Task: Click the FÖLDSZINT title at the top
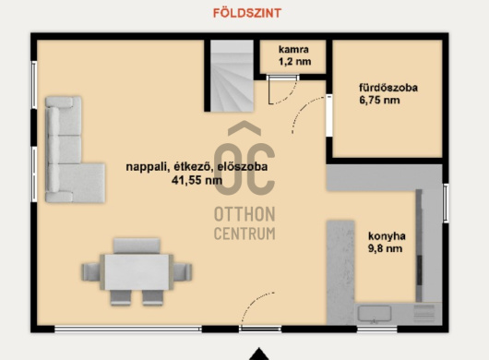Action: (247, 13)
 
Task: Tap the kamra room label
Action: (293, 49)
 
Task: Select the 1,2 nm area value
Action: (294, 61)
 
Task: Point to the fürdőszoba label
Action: (388, 88)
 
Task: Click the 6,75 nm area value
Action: (379, 100)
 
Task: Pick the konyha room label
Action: (387, 235)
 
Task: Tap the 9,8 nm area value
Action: (385, 248)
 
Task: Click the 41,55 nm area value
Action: (197, 180)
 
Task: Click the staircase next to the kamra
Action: (232, 76)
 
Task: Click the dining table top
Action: (137, 272)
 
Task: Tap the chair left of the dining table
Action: (91, 272)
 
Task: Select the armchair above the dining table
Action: (137, 246)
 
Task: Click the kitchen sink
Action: (375, 313)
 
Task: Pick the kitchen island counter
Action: (340, 272)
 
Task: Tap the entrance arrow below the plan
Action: (258, 354)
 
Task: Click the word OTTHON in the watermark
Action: (244, 214)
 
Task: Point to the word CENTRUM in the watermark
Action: (244, 234)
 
